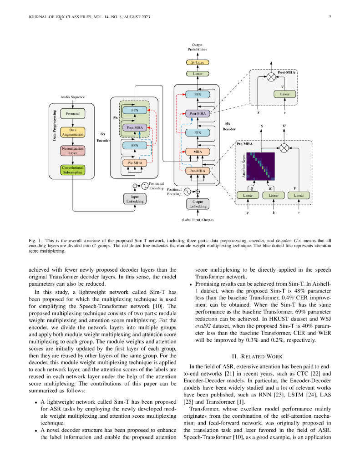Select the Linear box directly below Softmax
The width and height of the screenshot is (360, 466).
[x=198, y=73]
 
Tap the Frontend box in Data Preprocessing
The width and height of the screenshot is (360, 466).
[x=72, y=113]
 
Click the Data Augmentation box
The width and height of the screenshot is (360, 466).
[x=72, y=132]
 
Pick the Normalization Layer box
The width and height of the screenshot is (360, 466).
[x=72, y=151]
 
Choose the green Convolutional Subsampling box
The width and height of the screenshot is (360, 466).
[x=72, y=170]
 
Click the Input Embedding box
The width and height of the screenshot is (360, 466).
[x=135, y=199]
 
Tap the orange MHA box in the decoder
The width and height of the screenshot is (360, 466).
[x=198, y=152]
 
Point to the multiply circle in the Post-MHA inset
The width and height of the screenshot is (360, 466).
[x=271, y=77]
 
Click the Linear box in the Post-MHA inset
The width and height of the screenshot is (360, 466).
[x=285, y=94]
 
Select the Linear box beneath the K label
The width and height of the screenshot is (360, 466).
[x=274, y=195]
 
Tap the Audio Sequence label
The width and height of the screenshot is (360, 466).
[x=72, y=97]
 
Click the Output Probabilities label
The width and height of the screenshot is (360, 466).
[x=198, y=47]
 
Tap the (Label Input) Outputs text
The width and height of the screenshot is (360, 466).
[x=198, y=220]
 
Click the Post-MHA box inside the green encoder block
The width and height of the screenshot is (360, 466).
[x=135, y=128]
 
